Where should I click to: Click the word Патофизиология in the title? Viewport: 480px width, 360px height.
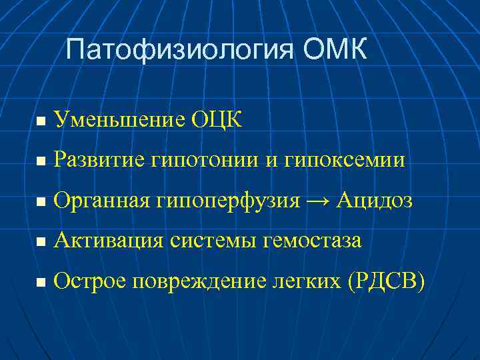point(180,51)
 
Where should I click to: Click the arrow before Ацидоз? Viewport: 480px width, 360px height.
point(319,201)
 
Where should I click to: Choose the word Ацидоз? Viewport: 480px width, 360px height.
point(375,201)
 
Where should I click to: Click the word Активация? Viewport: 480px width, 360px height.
point(108,241)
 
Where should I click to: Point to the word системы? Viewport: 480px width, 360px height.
point(211,241)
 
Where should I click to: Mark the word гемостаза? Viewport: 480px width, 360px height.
point(313,241)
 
